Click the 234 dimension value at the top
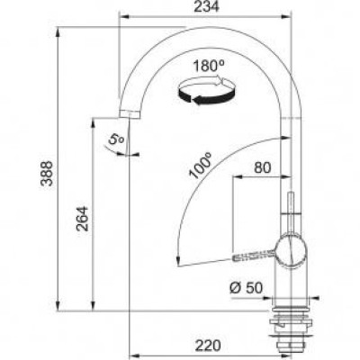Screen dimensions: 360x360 click(206, 7)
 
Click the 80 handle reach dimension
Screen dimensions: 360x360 click(264, 167)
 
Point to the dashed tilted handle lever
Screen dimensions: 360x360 click(256, 256)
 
